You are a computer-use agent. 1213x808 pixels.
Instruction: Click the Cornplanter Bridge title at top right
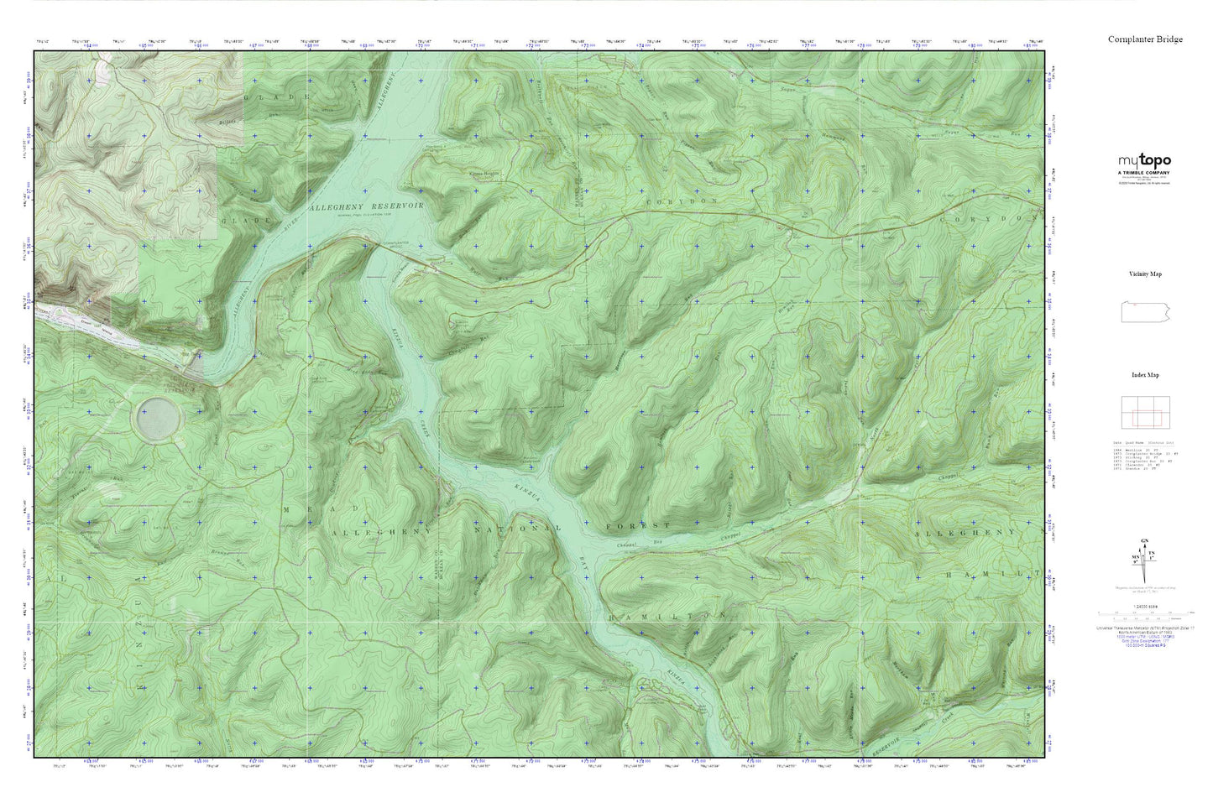coord(1145,39)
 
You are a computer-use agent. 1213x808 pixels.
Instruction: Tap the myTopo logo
coord(1144,161)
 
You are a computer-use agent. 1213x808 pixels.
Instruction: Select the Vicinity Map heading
coord(1145,274)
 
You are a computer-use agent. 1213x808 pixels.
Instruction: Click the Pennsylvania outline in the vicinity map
coord(1145,310)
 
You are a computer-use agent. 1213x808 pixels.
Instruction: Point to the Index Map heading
coord(1145,375)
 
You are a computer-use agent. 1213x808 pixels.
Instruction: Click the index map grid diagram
coord(1145,412)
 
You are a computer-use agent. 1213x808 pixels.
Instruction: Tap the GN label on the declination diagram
coord(1145,542)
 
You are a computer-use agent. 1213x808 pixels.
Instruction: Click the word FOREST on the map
coord(638,525)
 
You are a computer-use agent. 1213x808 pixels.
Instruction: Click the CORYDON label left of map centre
coord(682,202)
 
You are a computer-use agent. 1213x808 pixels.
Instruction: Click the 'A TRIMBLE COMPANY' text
coord(1144,171)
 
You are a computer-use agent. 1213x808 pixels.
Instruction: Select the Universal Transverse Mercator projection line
coord(1144,628)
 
